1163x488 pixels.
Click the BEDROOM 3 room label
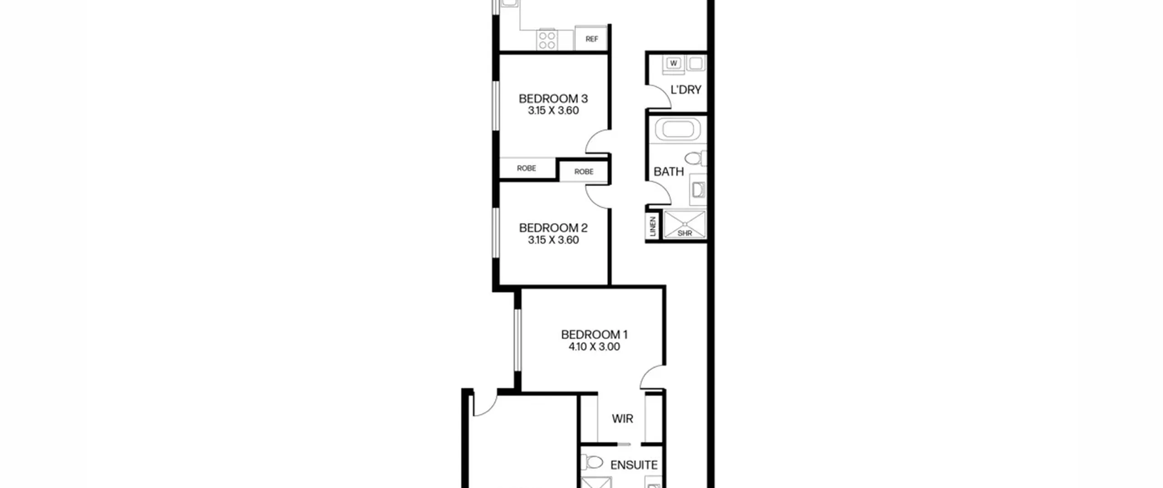point(553,99)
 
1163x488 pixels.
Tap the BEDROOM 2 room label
point(553,228)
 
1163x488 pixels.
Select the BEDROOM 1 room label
point(594,335)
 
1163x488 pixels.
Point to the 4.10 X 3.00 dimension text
point(594,347)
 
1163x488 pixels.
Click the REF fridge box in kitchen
point(591,39)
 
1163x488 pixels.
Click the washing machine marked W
point(674,64)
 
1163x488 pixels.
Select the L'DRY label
point(686,90)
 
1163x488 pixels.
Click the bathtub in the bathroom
point(677,130)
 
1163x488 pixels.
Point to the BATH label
point(668,172)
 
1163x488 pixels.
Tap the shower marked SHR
point(685,224)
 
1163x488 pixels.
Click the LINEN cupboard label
point(653,226)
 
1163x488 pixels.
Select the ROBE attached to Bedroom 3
point(527,168)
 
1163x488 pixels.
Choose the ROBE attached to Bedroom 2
point(584,172)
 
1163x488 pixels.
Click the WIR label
point(622,419)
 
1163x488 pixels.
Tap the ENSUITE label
point(634,465)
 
